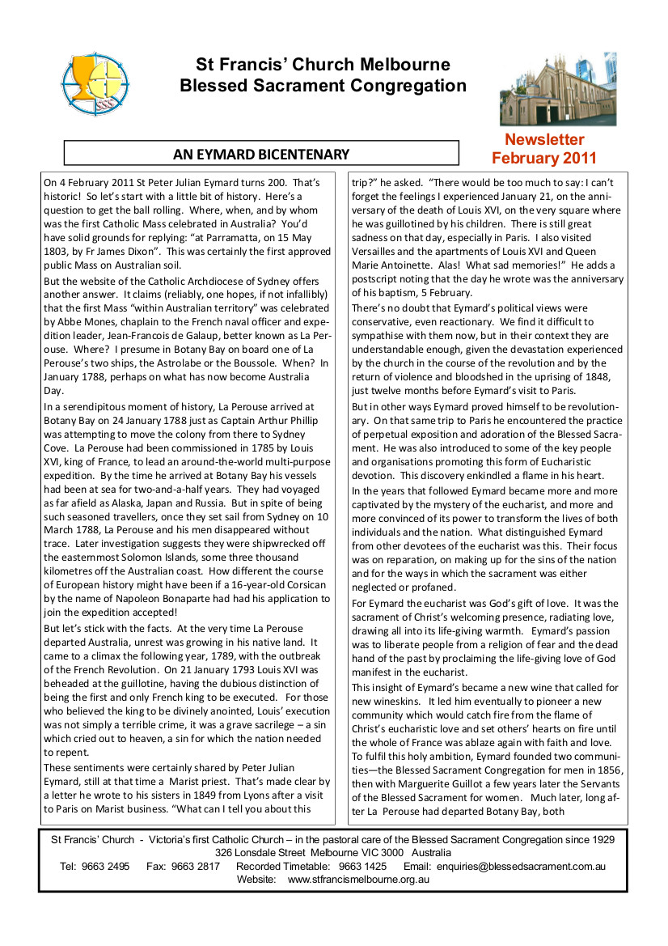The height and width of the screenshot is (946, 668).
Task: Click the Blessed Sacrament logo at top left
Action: pos(95,83)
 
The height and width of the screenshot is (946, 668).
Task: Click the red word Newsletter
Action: pos(544,139)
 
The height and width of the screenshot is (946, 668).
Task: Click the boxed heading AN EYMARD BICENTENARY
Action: pos(261,154)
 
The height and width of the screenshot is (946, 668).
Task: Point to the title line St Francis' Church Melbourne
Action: pos(323,65)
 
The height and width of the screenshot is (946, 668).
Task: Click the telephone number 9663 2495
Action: pos(105,866)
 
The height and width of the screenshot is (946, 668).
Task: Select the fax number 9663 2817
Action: pos(194,866)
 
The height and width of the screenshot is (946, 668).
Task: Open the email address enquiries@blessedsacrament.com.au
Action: pos(521,866)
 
